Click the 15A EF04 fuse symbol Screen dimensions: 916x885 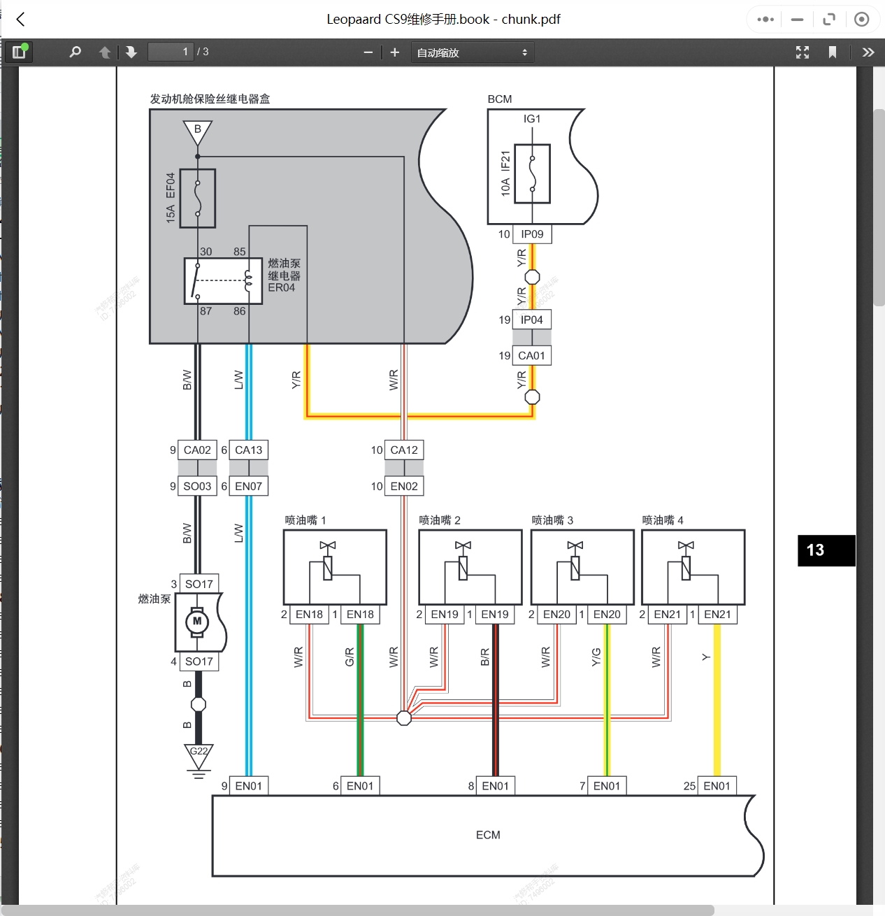(x=198, y=198)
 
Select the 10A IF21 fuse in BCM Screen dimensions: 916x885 (x=532, y=173)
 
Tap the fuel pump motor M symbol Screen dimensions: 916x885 (x=197, y=621)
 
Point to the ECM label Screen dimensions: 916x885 (x=488, y=835)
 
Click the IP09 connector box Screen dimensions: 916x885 (x=532, y=234)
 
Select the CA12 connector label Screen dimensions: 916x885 (x=404, y=450)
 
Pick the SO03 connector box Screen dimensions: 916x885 (x=197, y=486)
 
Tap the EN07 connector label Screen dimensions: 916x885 (x=248, y=486)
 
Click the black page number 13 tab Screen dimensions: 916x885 (x=826, y=550)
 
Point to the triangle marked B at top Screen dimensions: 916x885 (x=198, y=131)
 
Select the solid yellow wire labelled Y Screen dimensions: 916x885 (x=717, y=699)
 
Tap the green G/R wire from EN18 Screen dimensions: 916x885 (x=361, y=699)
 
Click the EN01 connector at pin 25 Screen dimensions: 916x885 (x=717, y=786)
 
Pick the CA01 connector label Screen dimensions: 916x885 (x=531, y=356)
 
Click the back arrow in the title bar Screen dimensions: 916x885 (x=21, y=20)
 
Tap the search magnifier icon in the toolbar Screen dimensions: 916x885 (x=75, y=52)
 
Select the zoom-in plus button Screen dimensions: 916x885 (x=395, y=52)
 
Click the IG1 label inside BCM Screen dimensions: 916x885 (x=532, y=119)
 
